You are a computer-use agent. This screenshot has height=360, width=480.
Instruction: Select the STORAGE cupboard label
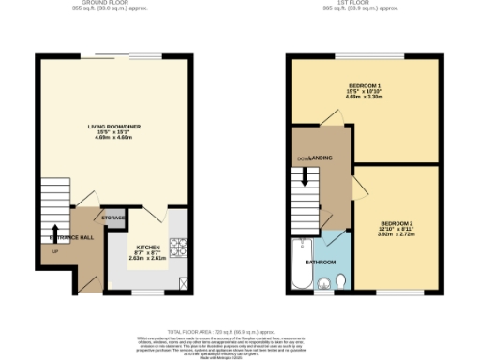click(x=114, y=218)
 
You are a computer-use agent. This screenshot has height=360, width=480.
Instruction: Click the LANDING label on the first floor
click(x=321, y=159)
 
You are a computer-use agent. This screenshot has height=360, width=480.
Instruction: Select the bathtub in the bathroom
click(x=298, y=264)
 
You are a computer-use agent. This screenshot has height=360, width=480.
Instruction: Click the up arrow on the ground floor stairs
click(x=54, y=232)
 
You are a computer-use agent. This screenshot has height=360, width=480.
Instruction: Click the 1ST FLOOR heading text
click(x=361, y=3)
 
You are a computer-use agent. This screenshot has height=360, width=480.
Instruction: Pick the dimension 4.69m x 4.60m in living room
click(x=115, y=136)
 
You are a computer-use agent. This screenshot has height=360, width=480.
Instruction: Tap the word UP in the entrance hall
click(x=54, y=251)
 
